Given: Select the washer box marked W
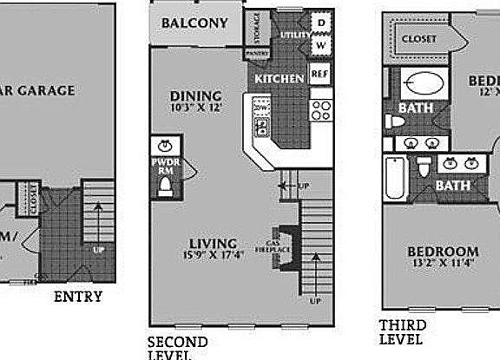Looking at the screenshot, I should tap(319, 43).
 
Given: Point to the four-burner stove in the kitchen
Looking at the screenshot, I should tap(320, 109).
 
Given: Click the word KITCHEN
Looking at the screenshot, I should tap(279, 79).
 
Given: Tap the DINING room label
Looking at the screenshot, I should tap(195, 96).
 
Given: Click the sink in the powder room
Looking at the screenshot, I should tap(165, 145).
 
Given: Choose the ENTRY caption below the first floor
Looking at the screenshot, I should tap(78, 297).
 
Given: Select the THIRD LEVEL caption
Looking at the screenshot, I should tap(401, 332).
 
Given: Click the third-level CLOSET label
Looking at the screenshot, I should tap(418, 39).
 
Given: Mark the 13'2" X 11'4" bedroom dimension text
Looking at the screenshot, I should tap(443, 265).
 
